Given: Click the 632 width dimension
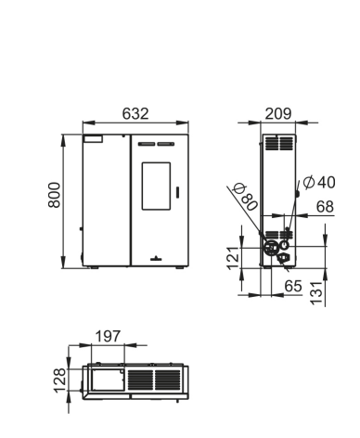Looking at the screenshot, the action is coord(135,113).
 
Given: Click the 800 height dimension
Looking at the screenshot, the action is coord(55,195).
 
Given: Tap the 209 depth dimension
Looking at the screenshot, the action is coord(278,113).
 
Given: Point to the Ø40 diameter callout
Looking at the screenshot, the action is coord(319,182).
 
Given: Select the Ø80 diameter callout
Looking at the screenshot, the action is coord(246,197).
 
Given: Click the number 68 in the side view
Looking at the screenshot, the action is coord(325,207).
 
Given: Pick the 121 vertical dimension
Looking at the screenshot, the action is coord(234,258).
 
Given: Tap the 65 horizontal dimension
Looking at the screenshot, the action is coord(293,286).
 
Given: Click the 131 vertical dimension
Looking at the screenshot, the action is coord(316,293).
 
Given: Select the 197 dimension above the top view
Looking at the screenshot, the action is coord(108,336).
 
